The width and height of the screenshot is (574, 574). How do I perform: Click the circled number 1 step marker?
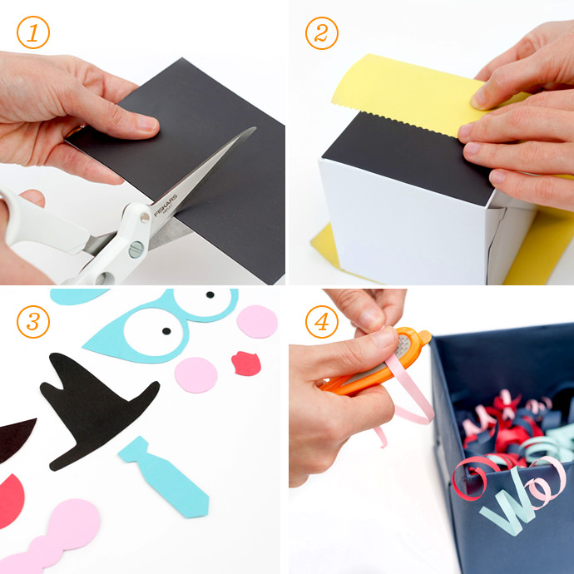[32, 33]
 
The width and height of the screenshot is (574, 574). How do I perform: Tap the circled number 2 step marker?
[321, 33]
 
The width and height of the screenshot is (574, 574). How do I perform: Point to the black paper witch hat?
[92, 408]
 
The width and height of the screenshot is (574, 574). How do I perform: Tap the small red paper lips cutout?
[245, 363]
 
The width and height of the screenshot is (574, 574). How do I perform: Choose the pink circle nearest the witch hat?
[196, 374]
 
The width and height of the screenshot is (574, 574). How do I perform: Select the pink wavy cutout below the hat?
[58, 537]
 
